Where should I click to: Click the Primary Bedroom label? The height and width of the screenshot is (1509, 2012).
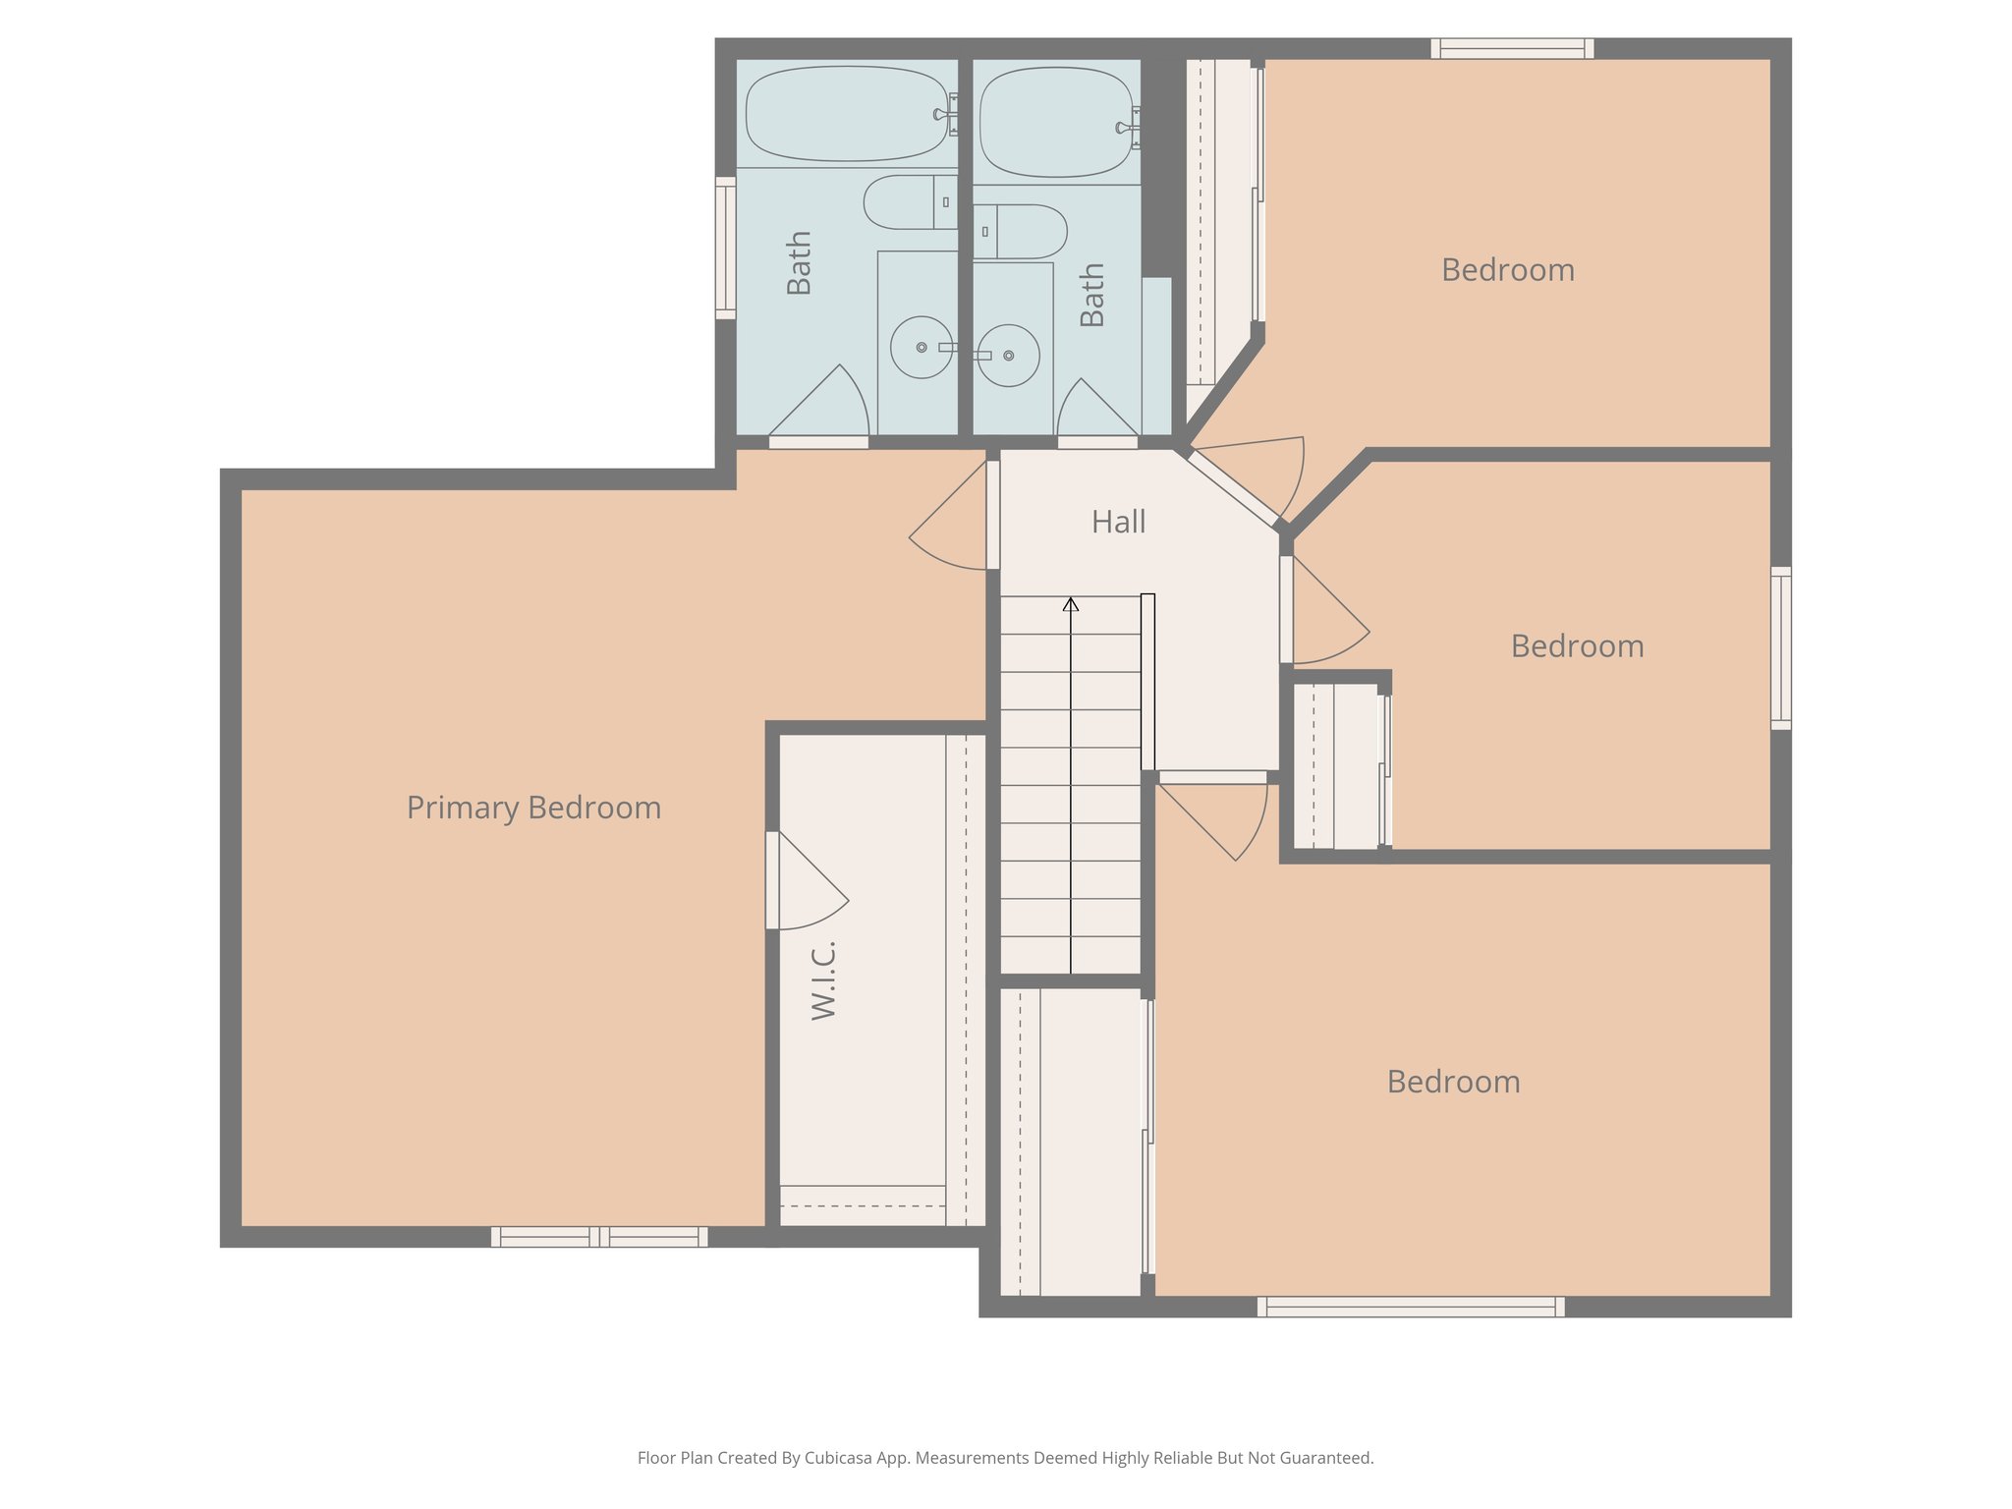pyautogui.click(x=533, y=808)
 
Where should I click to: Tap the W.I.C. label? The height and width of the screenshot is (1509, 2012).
pyautogui.click(x=823, y=979)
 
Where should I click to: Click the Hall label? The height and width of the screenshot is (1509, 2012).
pyautogui.click(x=1118, y=522)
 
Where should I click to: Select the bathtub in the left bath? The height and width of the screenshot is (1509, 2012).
pyautogui.click(x=846, y=114)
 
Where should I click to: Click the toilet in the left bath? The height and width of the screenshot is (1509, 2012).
pyautogui.click(x=908, y=202)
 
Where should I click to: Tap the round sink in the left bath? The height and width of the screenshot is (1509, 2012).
pyautogui.click(x=921, y=347)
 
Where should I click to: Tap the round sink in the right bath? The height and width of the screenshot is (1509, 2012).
pyautogui.click(x=1009, y=356)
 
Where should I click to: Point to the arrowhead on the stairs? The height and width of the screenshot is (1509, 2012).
pyautogui.click(x=1071, y=605)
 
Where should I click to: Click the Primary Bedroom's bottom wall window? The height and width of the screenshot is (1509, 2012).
pyautogui.click(x=599, y=1237)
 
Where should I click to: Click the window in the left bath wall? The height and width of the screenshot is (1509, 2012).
pyautogui.click(x=725, y=248)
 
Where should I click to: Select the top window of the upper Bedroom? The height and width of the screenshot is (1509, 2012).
pyautogui.click(x=1512, y=48)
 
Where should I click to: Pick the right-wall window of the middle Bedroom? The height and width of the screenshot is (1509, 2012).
pyautogui.click(x=1781, y=647)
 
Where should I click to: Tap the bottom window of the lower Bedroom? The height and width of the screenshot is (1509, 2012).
pyautogui.click(x=1411, y=1307)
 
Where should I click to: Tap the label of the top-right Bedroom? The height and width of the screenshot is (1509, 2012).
pyautogui.click(x=1507, y=270)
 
